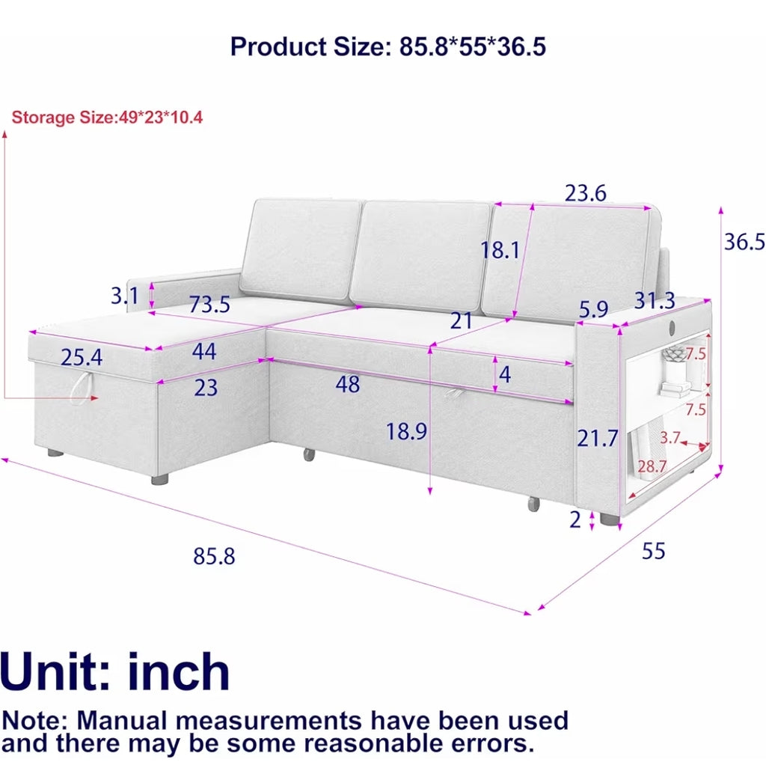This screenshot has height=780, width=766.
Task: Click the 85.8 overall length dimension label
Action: (214, 555)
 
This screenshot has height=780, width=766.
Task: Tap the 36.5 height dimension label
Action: (744, 242)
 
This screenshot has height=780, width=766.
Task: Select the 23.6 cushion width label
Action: (585, 193)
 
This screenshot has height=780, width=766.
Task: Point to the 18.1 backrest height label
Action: (500, 250)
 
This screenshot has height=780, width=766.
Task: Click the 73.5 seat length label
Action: (209, 305)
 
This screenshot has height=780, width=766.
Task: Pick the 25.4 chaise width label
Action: (82, 357)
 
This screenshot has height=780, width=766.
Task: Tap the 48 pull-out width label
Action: (347, 384)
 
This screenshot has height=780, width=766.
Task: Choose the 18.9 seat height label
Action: (406, 431)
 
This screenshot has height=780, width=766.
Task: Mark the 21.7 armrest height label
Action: (597, 438)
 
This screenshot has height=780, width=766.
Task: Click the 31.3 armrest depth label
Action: (655, 300)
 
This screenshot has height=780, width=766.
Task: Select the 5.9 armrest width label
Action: (593, 309)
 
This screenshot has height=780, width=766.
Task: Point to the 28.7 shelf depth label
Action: (652, 466)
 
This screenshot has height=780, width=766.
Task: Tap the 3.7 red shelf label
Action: (670, 438)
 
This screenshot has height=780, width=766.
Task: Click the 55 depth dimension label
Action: (653, 551)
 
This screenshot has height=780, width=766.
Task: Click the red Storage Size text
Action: (107, 118)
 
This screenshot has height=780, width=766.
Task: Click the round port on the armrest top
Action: (672, 327)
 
